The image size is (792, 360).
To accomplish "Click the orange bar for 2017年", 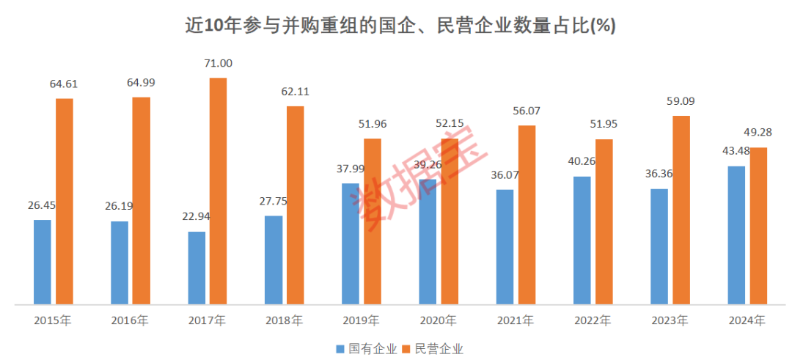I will tap(219, 191).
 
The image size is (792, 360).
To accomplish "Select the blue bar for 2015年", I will tap(43, 261).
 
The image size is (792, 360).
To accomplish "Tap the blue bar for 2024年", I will tap(736, 235).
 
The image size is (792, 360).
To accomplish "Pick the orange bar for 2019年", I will tap(373, 221).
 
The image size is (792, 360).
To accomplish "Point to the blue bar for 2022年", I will tap(582, 240).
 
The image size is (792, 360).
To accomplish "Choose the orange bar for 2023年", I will tap(681, 210).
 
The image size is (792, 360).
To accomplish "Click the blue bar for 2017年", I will tap(197, 267).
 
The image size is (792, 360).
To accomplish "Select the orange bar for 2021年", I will tap(527, 214).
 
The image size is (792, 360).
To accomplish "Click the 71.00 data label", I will tap(218, 64).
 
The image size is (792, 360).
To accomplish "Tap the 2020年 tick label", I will tap(438, 320).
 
